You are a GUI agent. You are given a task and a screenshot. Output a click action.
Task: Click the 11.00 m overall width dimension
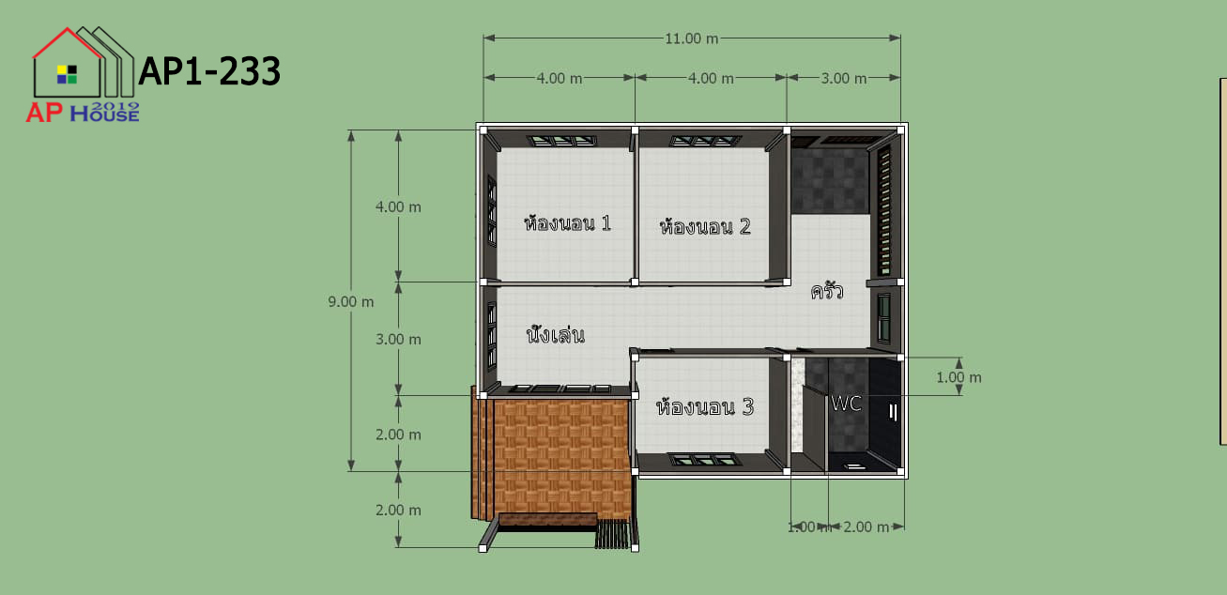691,38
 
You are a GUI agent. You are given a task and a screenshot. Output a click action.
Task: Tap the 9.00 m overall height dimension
350,301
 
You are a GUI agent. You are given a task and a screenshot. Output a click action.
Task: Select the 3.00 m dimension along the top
844,78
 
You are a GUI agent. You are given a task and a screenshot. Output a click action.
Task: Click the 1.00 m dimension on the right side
959,377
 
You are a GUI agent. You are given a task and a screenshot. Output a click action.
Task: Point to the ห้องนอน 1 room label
567,223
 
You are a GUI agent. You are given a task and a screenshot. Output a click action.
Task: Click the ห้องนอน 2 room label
705,226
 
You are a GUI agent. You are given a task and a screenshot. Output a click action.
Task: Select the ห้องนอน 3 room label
705,406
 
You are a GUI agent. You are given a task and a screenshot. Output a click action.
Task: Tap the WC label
846,404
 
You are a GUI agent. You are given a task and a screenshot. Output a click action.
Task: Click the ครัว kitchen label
827,291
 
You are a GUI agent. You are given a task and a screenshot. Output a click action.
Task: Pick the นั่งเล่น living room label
556,334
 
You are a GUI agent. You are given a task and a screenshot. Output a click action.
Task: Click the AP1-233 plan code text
209,71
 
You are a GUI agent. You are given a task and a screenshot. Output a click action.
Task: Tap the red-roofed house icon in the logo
68,63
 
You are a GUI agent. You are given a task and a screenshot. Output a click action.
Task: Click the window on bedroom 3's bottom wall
704,460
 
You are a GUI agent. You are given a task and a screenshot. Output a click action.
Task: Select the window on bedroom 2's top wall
706,141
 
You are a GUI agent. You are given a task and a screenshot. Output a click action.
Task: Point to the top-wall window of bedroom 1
562,141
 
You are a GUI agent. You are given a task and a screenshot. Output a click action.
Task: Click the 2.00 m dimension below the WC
866,526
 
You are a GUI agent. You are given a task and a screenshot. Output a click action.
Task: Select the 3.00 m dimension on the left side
398,340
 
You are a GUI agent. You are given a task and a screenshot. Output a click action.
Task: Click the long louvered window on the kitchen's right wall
884,210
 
